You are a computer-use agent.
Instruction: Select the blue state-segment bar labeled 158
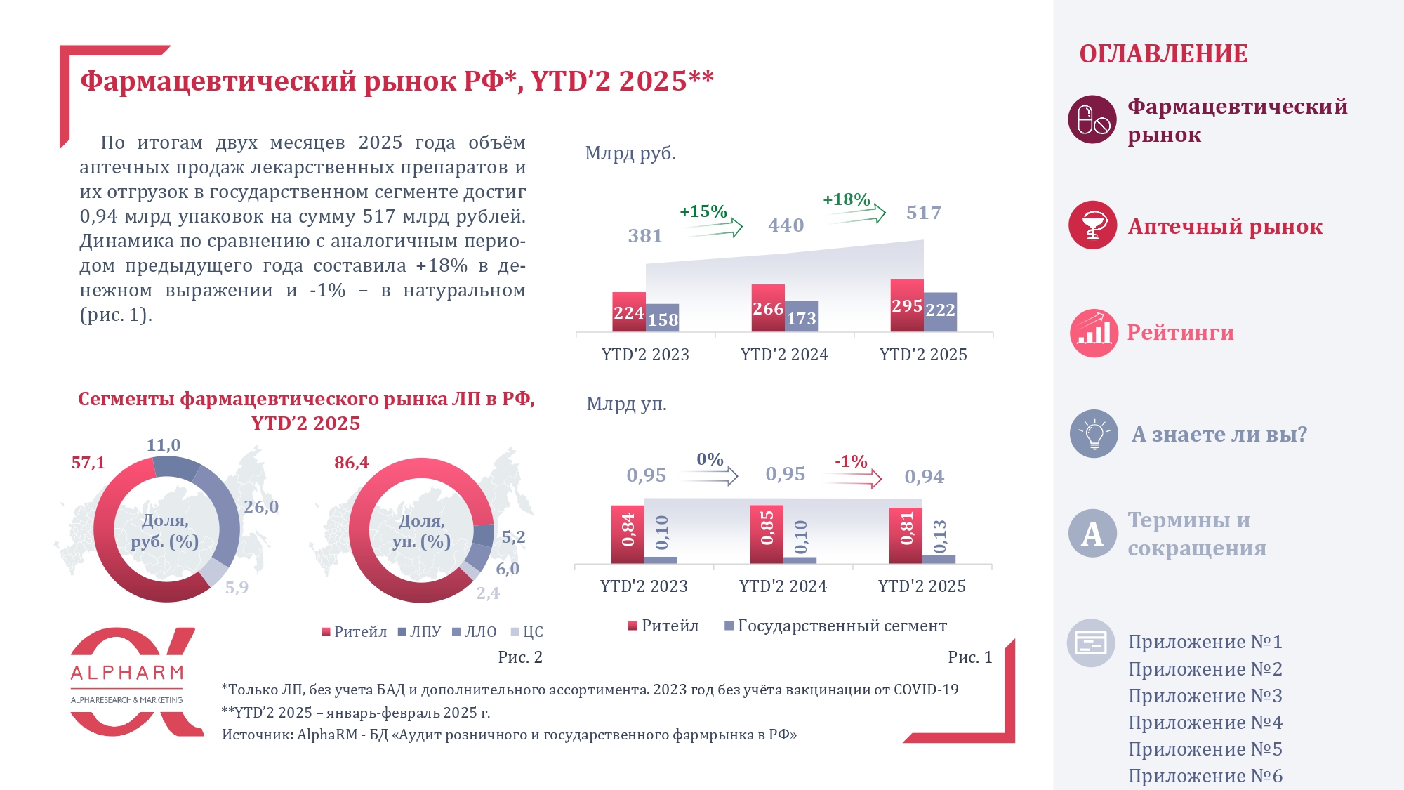pos(662,318)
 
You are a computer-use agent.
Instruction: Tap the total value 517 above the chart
pos(923,213)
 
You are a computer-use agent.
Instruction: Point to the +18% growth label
pos(846,200)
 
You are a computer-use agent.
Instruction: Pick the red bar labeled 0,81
pos(906,535)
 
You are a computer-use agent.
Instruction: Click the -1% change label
pos(850,461)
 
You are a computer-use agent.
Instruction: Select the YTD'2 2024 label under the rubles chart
pos(784,355)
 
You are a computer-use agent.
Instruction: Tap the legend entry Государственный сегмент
pos(835,626)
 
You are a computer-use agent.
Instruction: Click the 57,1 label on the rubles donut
pos(88,463)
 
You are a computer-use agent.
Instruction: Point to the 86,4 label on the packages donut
pos(351,463)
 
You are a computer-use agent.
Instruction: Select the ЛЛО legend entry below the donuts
pos(475,632)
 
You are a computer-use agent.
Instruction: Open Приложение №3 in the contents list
pos(1205,696)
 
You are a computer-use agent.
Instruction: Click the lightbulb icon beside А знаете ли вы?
pos(1093,434)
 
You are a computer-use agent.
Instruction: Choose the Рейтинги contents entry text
pos(1180,332)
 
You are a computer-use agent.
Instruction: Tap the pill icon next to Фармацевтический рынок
pos(1092,119)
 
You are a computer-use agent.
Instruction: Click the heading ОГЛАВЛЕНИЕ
pos(1163,54)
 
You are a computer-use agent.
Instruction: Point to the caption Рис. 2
pos(519,657)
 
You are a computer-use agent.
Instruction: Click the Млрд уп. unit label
pos(626,404)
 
